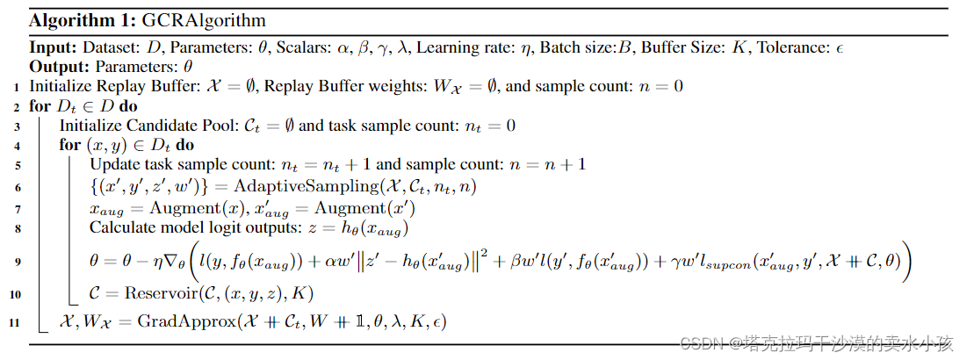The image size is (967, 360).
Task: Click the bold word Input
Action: pos(53,48)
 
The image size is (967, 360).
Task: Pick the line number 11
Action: pos(18,323)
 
